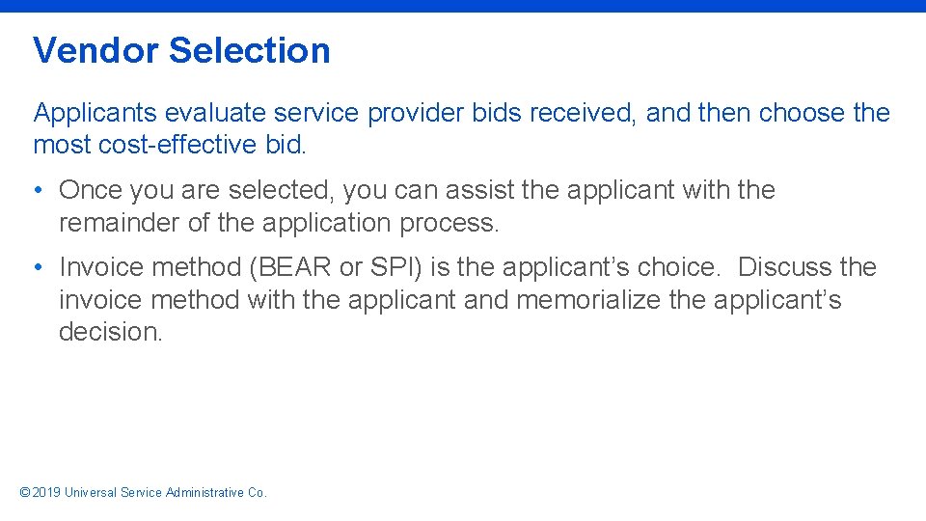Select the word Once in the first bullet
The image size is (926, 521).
[x=90, y=190]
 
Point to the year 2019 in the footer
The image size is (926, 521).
[x=46, y=493]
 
